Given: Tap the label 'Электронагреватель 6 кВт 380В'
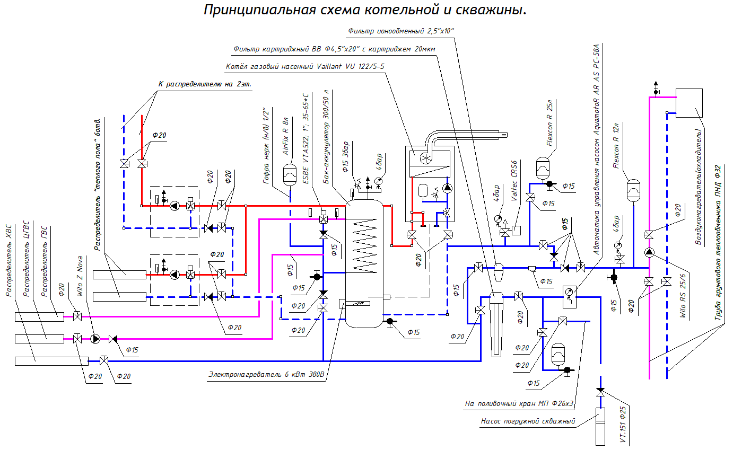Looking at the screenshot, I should (x=266, y=375).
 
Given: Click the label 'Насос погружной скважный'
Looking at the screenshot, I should (x=527, y=422).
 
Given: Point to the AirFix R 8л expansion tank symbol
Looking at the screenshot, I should (x=290, y=172).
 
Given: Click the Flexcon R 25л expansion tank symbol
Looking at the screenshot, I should (x=543, y=166).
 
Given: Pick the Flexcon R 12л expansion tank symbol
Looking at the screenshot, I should (x=634, y=190).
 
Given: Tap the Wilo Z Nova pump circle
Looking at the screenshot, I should (x=95, y=338).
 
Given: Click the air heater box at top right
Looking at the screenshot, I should (x=689, y=103).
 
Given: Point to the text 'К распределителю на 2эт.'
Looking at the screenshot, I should (x=205, y=84).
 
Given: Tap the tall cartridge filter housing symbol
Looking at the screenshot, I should (x=496, y=323).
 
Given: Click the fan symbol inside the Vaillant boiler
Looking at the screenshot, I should (x=424, y=158).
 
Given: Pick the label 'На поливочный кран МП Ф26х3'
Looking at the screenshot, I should (x=519, y=403).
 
